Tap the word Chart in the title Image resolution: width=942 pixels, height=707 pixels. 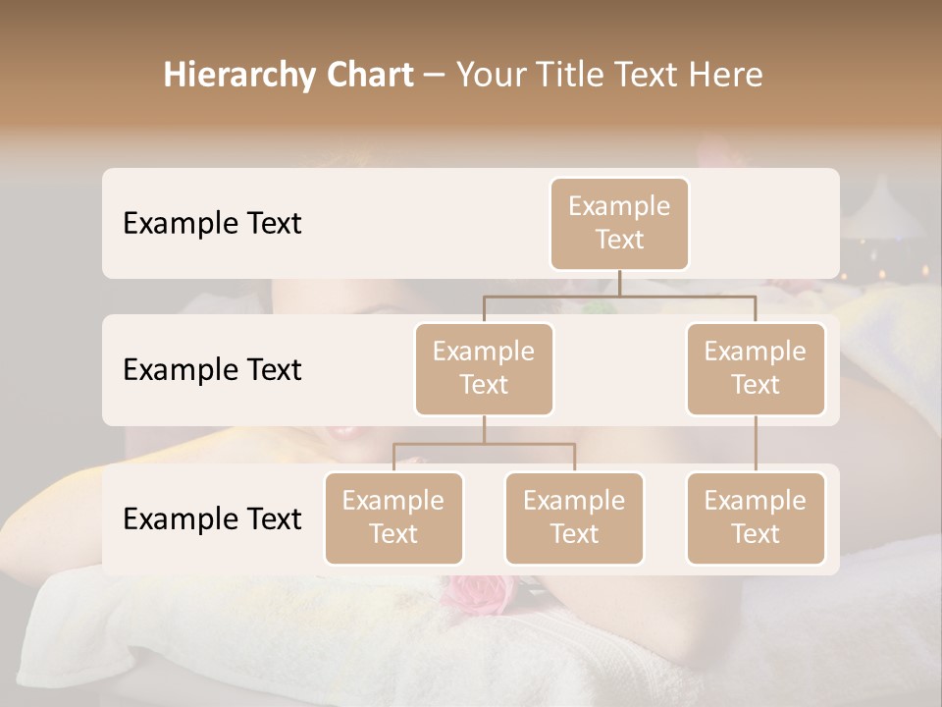pyautogui.click(x=368, y=75)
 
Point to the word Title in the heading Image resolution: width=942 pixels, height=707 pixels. pyautogui.click(x=582, y=75)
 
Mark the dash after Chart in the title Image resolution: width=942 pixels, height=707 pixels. pyautogui.click(x=434, y=77)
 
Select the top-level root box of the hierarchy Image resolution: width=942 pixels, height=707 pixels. pyautogui.click(x=619, y=223)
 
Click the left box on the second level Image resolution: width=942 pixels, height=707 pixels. pyautogui.click(x=484, y=368)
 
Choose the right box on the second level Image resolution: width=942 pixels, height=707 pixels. pyautogui.click(x=756, y=368)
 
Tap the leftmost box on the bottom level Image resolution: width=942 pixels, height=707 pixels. pyautogui.click(x=393, y=517)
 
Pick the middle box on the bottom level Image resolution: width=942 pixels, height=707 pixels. pyautogui.click(x=574, y=517)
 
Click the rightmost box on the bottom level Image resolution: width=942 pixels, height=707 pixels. pyautogui.click(x=756, y=517)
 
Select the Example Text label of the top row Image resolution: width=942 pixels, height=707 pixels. pyautogui.click(x=212, y=223)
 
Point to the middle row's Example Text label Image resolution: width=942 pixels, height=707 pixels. pyautogui.click(x=212, y=369)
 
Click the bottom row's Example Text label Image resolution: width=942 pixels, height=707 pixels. pyautogui.click(x=212, y=518)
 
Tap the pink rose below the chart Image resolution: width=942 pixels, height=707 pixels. pyautogui.click(x=482, y=590)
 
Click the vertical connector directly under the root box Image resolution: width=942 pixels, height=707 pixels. pyautogui.click(x=619, y=283)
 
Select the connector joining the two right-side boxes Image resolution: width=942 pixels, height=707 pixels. pyautogui.click(x=756, y=444)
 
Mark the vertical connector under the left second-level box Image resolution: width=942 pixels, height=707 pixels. pyautogui.click(x=484, y=429)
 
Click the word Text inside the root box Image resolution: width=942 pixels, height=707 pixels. pyautogui.click(x=619, y=240)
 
